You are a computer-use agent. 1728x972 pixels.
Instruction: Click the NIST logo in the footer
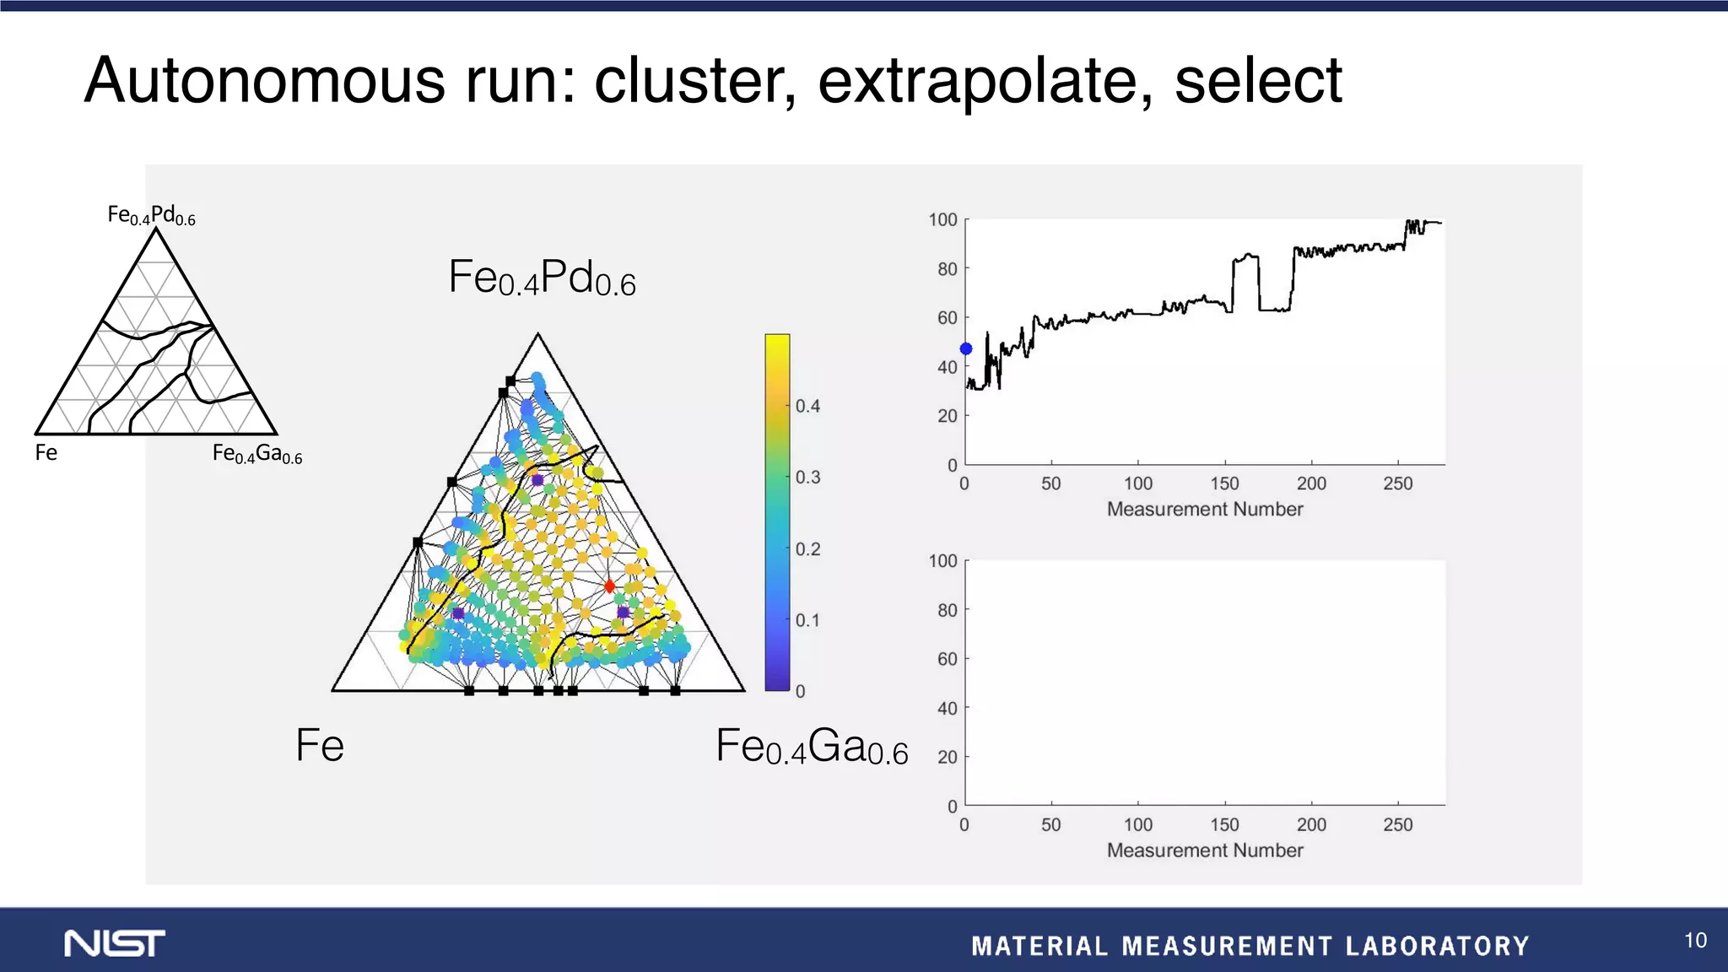click(115, 943)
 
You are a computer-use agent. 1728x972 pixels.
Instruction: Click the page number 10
click(1695, 941)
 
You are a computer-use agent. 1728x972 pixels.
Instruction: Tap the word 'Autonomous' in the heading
click(264, 81)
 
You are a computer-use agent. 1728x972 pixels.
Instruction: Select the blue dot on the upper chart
click(966, 348)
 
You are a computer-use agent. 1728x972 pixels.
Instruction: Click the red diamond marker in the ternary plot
click(609, 586)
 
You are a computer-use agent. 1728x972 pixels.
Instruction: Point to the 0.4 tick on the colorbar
click(807, 406)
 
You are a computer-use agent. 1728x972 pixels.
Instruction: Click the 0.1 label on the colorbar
click(807, 620)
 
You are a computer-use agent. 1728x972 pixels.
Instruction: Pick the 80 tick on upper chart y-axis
click(948, 269)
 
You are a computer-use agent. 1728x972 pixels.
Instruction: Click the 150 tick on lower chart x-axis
click(1224, 824)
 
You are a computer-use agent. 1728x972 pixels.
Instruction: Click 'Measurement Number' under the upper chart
click(1204, 509)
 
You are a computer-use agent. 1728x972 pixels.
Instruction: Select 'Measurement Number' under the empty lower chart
click(1204, 850)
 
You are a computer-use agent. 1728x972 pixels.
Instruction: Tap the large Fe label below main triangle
click(320, 746)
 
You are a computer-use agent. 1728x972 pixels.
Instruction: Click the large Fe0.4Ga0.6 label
click(811, 747)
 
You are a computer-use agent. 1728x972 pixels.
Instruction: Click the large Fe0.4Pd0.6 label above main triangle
click(542, 278)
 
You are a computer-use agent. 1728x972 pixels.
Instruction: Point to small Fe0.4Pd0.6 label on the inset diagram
click(151, 215)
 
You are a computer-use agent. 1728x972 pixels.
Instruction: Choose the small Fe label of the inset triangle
click(46, 453)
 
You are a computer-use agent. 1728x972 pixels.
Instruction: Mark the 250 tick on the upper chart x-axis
click(1397, 483)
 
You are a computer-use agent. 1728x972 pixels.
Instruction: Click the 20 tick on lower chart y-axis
click(948, 757)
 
